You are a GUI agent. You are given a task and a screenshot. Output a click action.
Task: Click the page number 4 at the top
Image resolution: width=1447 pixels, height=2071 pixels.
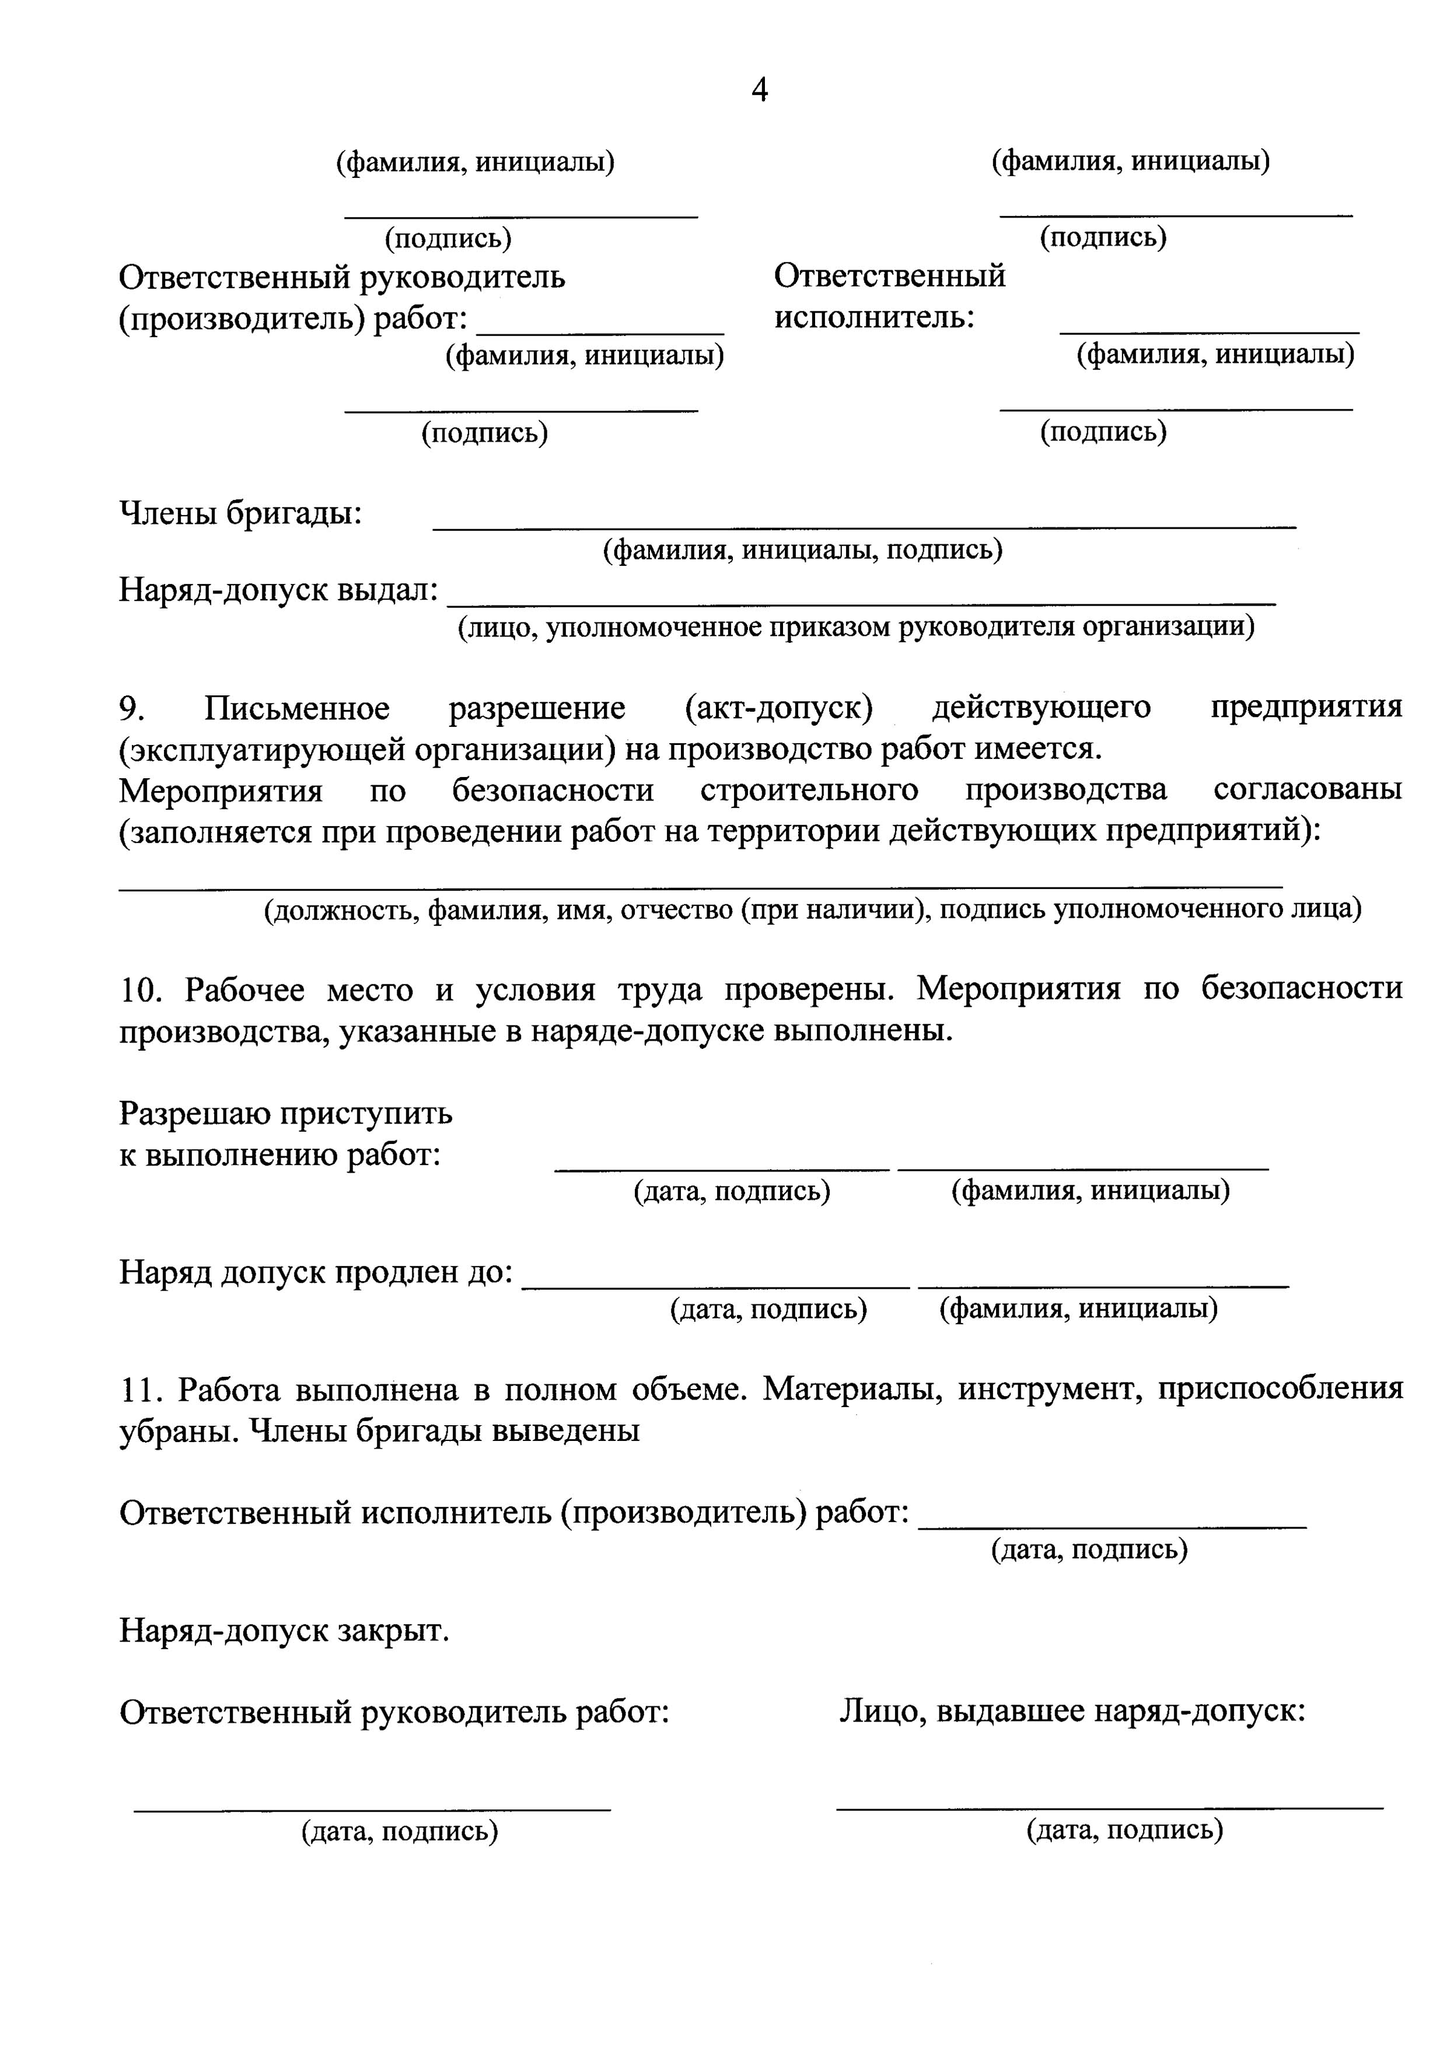point(760,90)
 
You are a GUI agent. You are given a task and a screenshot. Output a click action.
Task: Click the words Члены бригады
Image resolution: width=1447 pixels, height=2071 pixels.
point(240,514)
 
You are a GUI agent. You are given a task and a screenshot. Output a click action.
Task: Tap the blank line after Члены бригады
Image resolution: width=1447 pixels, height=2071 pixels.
point(864,524)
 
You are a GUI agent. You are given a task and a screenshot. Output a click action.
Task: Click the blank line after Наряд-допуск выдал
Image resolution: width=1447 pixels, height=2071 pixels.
point(862,600)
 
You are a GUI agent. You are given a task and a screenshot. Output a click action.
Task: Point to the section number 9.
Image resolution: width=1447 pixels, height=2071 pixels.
point(132,708)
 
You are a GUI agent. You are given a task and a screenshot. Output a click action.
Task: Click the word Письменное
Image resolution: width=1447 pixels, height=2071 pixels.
point(297,708)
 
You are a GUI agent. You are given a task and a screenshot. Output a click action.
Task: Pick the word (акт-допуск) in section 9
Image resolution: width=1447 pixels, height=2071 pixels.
point(778,708)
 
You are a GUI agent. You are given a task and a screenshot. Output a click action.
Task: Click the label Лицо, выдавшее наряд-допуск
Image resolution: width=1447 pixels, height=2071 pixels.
point(1072,1710)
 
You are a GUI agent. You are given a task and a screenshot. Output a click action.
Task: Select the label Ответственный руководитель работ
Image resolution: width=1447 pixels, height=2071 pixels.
point(394,1711)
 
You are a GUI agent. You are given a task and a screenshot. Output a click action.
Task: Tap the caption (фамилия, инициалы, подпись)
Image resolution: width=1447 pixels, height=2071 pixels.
point(802,550)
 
